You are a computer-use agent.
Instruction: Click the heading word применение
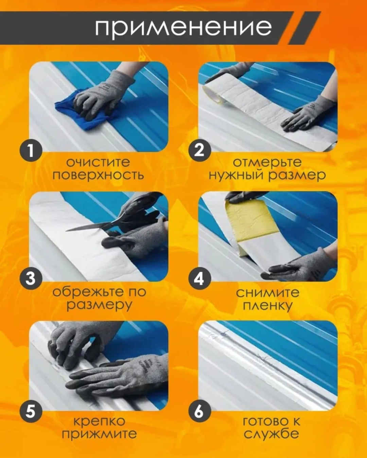183,28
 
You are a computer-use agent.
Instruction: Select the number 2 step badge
199,150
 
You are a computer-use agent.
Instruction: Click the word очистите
98,162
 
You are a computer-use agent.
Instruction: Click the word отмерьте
267,163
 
